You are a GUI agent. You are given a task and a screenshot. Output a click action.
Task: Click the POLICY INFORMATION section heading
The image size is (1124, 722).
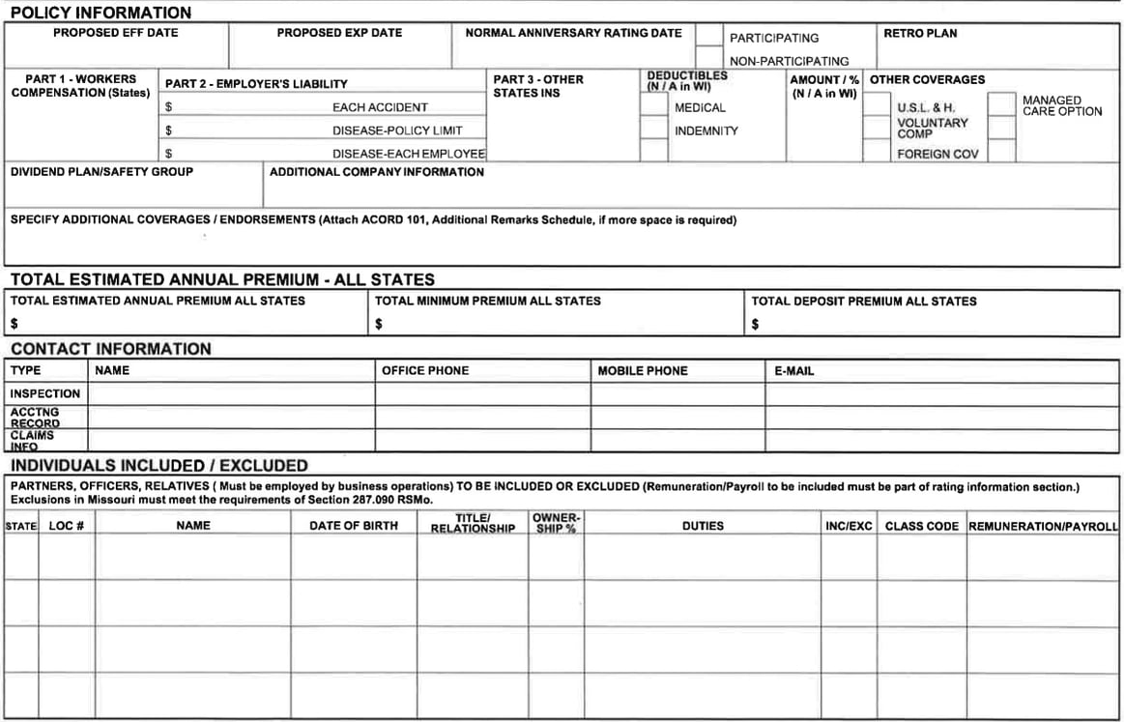(x=101, y=13)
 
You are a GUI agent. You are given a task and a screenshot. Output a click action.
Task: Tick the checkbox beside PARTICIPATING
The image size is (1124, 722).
(x=709, y=36)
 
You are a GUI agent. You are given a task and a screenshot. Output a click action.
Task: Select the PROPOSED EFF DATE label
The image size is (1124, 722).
(x=115, y=33)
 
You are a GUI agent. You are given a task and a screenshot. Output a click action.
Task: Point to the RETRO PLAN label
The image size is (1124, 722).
(x=920, y=33)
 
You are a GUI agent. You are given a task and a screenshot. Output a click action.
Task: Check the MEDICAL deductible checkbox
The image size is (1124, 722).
(x=654, y=104)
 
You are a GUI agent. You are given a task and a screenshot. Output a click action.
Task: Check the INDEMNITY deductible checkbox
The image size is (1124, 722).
(x=654, y=128)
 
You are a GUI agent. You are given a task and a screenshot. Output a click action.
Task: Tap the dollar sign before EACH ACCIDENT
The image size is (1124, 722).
(x=168, y=107)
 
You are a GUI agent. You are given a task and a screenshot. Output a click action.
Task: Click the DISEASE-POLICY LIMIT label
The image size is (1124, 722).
(x=397, y=130)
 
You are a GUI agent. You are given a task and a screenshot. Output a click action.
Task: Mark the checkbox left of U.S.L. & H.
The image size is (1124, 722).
(x=877, y=104)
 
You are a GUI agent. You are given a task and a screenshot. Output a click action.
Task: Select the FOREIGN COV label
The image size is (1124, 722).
(x=937, y=154)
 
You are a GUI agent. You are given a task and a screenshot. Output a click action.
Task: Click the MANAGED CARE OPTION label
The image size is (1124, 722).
(x=1061, y=105)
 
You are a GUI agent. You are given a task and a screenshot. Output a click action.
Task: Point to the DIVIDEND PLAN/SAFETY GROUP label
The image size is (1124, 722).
(x=101, y=172)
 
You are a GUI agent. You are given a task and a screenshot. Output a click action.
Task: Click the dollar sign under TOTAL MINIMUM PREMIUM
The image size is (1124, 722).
(x=379, y=324)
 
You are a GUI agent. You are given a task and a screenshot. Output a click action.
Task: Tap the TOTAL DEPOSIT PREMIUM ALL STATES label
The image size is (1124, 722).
(x=864, y=302)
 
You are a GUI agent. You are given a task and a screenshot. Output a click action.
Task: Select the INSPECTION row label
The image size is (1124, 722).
(x=45, y=393)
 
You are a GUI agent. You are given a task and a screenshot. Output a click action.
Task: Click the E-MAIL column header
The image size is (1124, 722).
(x=793, y=371)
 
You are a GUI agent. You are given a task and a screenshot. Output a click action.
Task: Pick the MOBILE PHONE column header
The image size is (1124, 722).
(x=643, y=371)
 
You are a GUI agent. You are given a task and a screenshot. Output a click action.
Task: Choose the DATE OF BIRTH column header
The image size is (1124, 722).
(x=353, y=526)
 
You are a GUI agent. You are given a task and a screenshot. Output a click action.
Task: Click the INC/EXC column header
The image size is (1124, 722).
(x=849, y=526)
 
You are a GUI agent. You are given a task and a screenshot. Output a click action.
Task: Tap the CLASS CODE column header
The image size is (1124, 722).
(x=921, y=526)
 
